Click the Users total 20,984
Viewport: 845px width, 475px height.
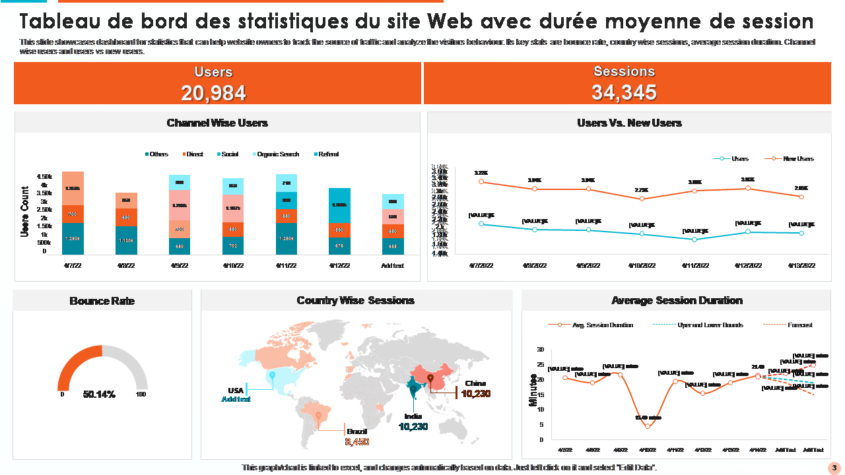click(213, 94)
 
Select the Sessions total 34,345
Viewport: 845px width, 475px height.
click(624, 92)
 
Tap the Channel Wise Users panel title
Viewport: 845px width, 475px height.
click(217, 123)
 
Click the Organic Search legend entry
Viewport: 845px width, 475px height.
click(277, 154)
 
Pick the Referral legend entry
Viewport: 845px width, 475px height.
click(328, 154)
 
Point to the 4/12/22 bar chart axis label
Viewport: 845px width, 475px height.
click(339, 266)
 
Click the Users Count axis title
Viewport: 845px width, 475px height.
click(24, 212)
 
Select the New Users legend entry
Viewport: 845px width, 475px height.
click(797, 159)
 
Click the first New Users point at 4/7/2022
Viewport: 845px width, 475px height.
click(481, 181)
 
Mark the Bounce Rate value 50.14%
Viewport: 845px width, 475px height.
click(99, 395)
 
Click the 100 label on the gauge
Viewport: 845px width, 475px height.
click(140, 395)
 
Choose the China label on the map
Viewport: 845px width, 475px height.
click(475, 383)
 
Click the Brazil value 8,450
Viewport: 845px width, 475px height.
click(357, 442)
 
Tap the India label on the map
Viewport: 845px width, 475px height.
click(413, 416)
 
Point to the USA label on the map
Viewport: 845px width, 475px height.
click(236, 390)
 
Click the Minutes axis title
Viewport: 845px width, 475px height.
click(533, 390)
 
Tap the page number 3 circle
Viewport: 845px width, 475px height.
click(834, 468)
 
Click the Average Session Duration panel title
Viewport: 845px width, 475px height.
click(677, 301)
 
